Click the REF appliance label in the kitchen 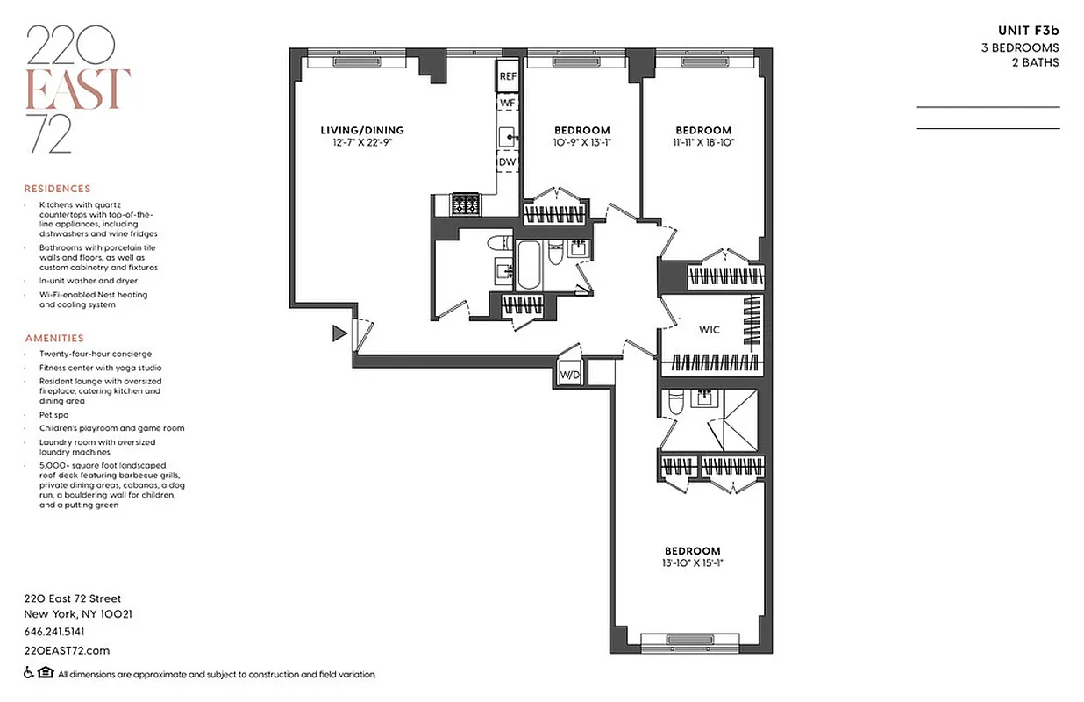[x=508, y=77]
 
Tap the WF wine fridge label [x=508, y=104]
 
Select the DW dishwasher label [x=508, y=162]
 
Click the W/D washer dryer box [x=570, y=375]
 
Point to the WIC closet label [x=709, y=330]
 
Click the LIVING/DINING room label [x=361, y=131]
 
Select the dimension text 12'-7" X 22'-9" [x=361, y=142]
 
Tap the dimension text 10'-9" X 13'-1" [x=581, y=142]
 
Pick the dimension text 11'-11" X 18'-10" [x=703, y=142]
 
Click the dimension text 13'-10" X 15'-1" [x=692, y=563]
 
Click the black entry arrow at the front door [x=339, y=333]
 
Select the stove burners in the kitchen [x=466, y=204]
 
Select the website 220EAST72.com [x=67, y=650]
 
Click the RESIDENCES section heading [x=57, y=189]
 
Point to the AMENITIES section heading [x=54, y=338]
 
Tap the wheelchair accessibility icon [x=28, y=674]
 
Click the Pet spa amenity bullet [x=53, y=414]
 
